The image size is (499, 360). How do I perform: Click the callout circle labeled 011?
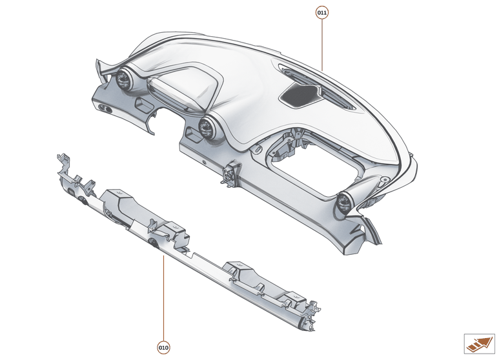coord(322,12)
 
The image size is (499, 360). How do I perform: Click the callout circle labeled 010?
coord(164,348)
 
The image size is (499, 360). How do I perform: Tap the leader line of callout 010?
coord(164,297)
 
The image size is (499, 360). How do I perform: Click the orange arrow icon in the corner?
coord(479,343)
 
